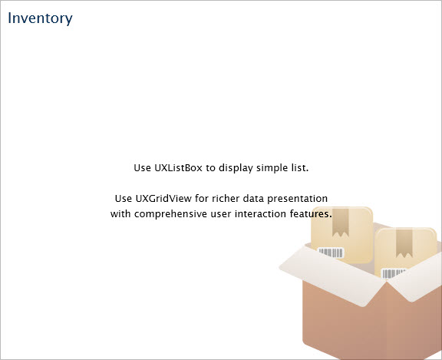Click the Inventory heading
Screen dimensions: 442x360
(40, 18)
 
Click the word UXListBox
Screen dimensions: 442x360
(178, 168)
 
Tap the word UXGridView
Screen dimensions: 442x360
(163, 199)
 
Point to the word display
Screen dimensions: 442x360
(236, 168)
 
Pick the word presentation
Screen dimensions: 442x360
(297, 199)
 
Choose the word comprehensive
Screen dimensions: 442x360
(170, 214)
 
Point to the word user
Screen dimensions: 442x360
(221, 214)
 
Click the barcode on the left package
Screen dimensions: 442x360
(331, 253)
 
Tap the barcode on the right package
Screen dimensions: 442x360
(394, 273)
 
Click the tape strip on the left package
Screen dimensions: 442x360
(341, 222)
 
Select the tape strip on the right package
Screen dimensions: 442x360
(404, 243)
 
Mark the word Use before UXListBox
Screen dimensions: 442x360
(142, 168)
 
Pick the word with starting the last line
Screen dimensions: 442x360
(120, 213)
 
